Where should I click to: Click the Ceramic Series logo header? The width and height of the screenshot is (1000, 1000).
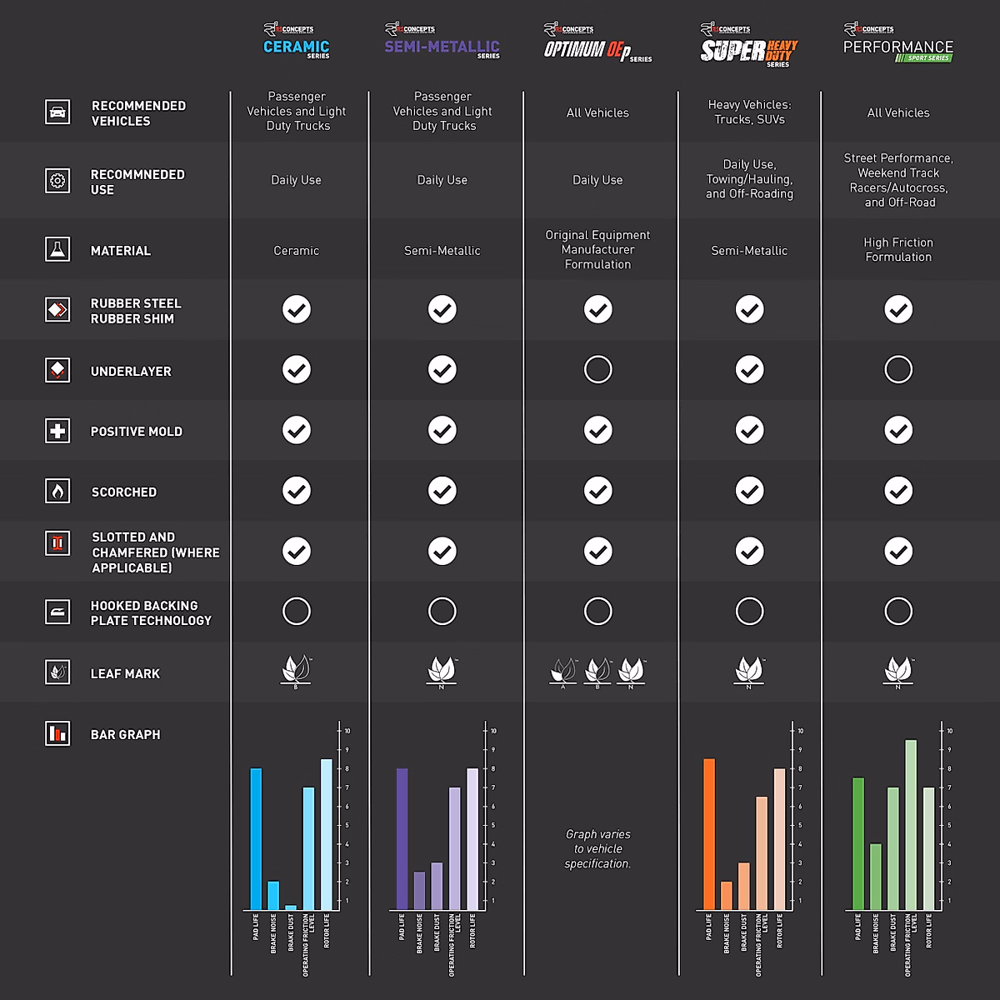[296, 42]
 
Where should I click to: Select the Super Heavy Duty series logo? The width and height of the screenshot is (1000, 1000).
[748, 47]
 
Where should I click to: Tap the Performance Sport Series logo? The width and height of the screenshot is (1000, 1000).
[897, 44]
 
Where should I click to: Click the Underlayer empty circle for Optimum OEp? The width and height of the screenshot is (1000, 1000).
[597, 369]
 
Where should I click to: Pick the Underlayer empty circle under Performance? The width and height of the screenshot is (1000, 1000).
[897, 369]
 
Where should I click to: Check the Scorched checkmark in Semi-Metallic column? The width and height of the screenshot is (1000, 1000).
[442, 491]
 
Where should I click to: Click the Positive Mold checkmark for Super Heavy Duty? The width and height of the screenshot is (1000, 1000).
[749, 430]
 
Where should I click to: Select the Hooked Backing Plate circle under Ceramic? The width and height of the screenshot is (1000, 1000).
[296, 611]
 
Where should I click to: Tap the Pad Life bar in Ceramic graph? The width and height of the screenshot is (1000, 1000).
[256, 838]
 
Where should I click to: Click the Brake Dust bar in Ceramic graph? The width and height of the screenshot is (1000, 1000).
[291, 907]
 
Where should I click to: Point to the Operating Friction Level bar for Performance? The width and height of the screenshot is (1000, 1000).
[911, 824]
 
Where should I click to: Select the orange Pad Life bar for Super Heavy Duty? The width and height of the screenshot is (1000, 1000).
[709, 833]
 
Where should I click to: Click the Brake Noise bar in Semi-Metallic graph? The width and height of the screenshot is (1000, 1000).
[419, 890]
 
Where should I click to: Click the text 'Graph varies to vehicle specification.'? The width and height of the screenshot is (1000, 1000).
[597, 848]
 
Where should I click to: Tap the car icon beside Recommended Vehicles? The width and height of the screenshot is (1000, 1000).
[57, 112]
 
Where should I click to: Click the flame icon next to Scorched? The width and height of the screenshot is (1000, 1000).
[57, 491]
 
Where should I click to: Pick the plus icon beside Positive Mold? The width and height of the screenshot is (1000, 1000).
[57, 431]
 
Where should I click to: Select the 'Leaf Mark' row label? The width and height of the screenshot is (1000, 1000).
[125, 673]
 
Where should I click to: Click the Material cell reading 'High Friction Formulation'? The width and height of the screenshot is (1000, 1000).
[897, 249]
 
